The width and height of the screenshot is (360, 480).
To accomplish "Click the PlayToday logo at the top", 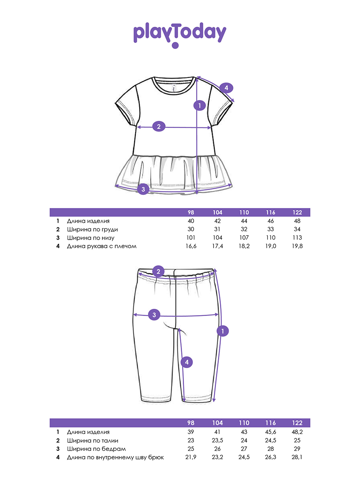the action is pyautogui.click(x=180, y=35).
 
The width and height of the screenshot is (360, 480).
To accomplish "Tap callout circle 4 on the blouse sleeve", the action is pyautogui.click(x=226, y=88).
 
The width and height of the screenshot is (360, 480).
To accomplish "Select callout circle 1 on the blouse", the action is pyautogui.click(x=200, y=106).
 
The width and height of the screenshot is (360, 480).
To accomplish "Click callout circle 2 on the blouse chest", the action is pyautogui.click(x=159, y=126).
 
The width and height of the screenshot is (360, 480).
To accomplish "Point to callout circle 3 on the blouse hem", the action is pyautogui.click(x=143, y=189).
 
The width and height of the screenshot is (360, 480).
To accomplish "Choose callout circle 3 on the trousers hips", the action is pyautogui.click(x=154, y=315).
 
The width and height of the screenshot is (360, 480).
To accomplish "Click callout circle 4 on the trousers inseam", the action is pyautogui.click(x=187, y=362).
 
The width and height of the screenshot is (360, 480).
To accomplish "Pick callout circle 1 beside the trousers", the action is pyautogui.click(x=223, y=331).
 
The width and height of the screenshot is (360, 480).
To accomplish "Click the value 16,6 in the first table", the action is pyautogui.click(x=191, y=246).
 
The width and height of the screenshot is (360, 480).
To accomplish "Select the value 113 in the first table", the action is pyautogui.click(x=297, y=238).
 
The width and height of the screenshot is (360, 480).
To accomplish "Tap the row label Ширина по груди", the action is pyautogui.click(x=92, y=230).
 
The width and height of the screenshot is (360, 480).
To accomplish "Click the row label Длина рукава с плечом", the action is pyautogui.click(x=102, y=246).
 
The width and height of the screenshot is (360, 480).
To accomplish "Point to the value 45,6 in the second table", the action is pyautogui.click(x=271, y=432).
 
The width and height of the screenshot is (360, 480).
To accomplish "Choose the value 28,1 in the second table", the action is pyautogui.click(x=297, y=457).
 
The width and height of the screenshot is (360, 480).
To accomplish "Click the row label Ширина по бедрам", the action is pyautogui.click(x=96, y=449).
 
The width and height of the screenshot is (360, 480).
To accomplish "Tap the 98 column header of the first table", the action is pyautogui.click(x=191, y=212).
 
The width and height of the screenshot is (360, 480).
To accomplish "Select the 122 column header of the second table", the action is pyautogui.click(x=297, y=423).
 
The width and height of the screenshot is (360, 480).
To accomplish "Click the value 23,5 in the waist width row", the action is pyautogui.click(x=218, y=440).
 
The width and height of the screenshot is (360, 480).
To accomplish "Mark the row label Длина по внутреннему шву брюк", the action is pyautogui.click(x=116, y=457).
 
